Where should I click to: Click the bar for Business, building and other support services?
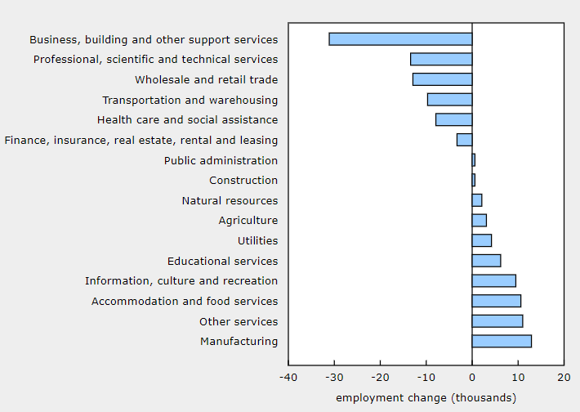click(x=400, y=39)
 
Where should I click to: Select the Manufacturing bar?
click(x=502, y=341)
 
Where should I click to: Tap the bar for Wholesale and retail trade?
click(x=442, y=79)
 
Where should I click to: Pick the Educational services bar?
click(x=486, y=261)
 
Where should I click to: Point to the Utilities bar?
click(x=482, y=240)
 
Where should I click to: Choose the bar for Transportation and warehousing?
click(x=449, y=100)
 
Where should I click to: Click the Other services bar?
click(x=497, y=321)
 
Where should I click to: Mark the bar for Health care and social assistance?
click(x=453, y=119)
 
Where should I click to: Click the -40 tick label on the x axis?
click(x=288, y=377)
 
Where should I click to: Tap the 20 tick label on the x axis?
click(x=564, y=377)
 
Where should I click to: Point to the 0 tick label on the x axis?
click(x=472, y=377)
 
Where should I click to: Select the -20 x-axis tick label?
click(x=380, y=377)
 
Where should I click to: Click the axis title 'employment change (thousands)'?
click(x=426, y=397)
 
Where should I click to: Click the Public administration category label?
click(x=221, y=160)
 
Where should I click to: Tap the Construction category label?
click(x=243, y=180)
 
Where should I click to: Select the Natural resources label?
click(x=230, y=200)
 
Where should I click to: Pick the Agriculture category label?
click(x=248, y=221)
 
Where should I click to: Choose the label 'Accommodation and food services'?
click(x=185, y=301)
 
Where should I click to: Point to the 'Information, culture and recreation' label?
click(x=181, y=281)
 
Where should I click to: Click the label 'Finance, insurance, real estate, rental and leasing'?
click(x=141, y=140)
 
